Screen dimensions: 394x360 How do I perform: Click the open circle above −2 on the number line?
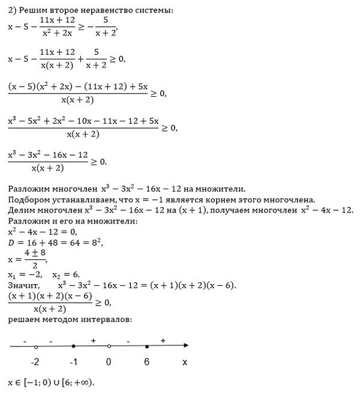point(37,347)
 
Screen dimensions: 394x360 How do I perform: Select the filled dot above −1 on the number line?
point(73,347)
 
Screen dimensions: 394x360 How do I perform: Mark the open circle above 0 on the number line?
point(109,347)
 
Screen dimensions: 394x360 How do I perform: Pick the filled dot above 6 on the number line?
point(146,347)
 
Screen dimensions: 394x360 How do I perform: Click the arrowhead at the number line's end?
point(186,346)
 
